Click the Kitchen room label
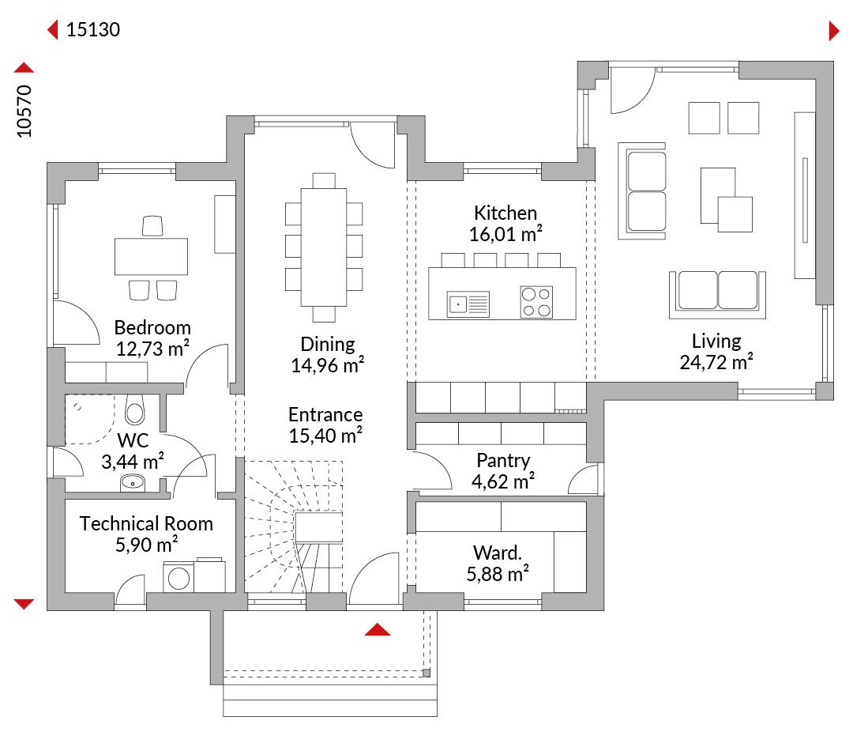click(505, 213)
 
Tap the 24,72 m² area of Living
click(716, 361)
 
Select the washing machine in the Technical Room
click(178, 577)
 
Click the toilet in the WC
click(134, 410)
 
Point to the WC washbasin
click(133, 482)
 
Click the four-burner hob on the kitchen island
click(536, 302)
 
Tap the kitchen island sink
click(468, 304)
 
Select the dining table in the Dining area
click(324, 247)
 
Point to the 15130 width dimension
click(93, 29)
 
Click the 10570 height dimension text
click(24, 111)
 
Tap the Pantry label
click(503, 460)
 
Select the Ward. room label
click(498, 553)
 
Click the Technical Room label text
click(146, 523)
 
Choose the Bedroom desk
click(151, 256)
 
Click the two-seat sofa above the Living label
click(717, 294)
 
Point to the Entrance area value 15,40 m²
click(325, 436)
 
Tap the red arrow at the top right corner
click(834, 31)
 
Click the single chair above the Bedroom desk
click(152, 226)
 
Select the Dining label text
click(328, 344)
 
